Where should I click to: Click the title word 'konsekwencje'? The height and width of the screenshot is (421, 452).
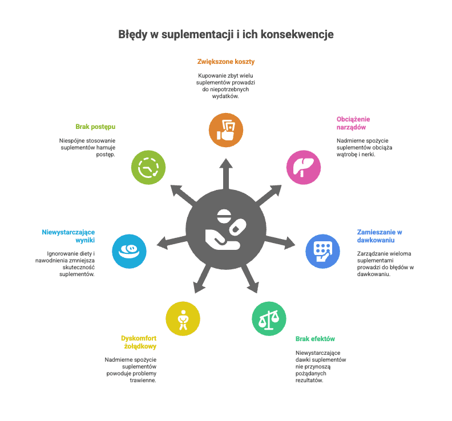(x=297, y=34)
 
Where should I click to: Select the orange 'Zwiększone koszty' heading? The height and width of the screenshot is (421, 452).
(x=226, y=62)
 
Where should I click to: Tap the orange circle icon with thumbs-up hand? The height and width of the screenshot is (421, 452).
(x=226, y=130)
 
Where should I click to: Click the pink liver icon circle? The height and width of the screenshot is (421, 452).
(x=304, y=167)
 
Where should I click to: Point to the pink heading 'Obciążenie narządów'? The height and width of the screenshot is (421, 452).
(x=353, y=123)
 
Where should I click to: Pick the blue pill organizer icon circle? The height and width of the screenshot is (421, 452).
(x=323, y=251)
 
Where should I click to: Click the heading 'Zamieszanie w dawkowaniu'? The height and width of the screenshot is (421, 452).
(x=380, y=236)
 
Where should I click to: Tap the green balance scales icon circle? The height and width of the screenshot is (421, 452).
(x=269, y=318)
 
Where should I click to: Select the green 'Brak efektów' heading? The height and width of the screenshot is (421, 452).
(x=315, y=339)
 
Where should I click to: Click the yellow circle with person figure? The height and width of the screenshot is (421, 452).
(x=183, y=318)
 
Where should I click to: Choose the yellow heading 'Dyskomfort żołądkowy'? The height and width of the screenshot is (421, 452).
(x=139, y=342)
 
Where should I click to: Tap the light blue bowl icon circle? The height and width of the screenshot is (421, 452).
(x=129, y=251)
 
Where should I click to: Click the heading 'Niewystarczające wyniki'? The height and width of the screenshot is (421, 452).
(x=68, y=236)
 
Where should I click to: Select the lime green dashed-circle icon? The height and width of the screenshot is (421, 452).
(x=148, y=167)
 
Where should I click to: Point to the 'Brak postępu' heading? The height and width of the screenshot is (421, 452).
(x=95, y=127)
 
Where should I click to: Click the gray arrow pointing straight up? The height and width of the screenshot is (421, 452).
(x=226, y=174)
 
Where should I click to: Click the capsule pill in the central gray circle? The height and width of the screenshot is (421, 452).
(x=237, y=227)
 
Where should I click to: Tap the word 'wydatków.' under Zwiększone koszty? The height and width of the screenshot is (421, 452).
(x=225, y=96)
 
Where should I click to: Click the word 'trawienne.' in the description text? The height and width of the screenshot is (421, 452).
(x=143, y=380)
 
